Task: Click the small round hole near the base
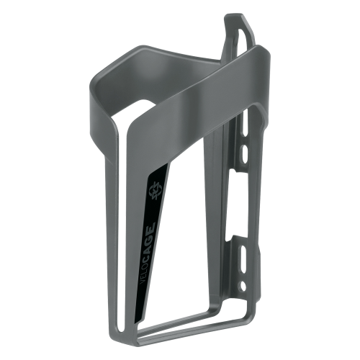click(243, 285)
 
